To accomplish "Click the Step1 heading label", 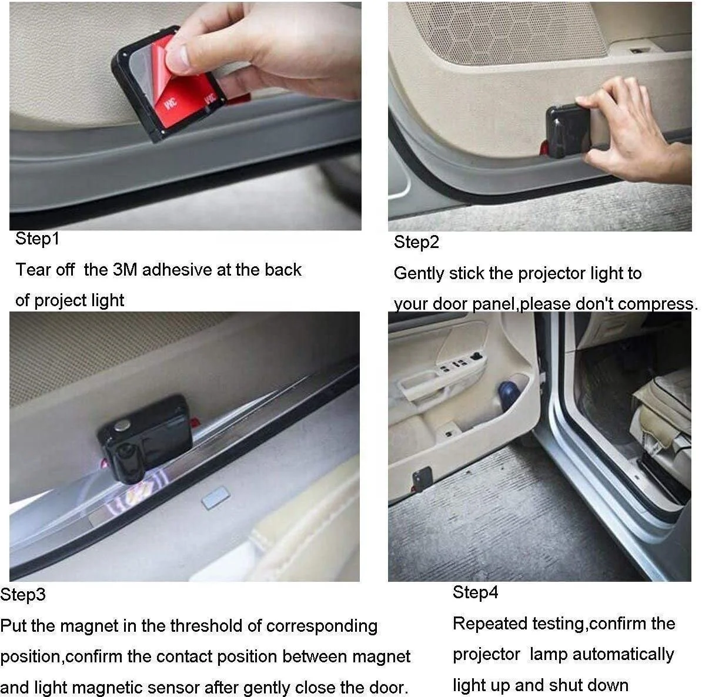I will (x=37, y=239).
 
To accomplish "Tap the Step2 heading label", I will (x=416, y=242).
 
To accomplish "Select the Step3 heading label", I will (x=23, y=595).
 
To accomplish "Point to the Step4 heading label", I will (x=475, y=592).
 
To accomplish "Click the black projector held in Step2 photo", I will (x=564, y=132).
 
